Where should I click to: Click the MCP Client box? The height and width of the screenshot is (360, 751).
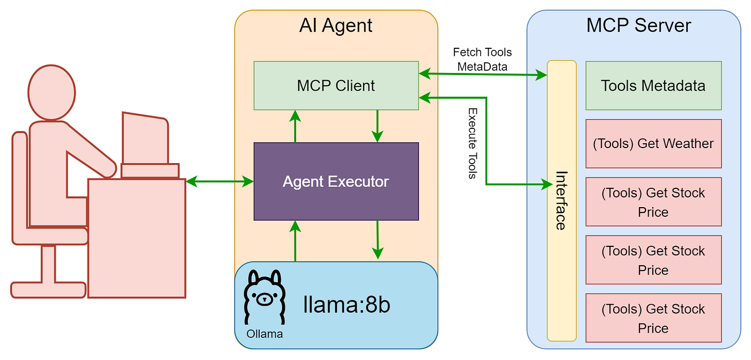tap(336, 86)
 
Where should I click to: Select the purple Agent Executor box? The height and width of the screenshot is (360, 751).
tap(336, 181)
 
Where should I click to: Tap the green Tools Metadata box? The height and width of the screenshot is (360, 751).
tap(653, 86)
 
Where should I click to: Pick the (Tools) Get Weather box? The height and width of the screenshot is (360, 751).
tap(653, 144)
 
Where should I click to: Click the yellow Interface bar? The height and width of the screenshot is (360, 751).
tap(561, 201)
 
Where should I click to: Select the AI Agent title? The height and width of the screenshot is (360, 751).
tap(336, 26)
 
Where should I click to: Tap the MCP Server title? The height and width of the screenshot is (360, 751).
tap(638, 26)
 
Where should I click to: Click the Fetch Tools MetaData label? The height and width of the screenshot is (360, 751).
tap(482, 58)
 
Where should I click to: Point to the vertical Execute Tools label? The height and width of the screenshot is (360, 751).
tap(473, 143)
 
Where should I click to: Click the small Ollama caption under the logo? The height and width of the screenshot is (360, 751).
tap(264, 334)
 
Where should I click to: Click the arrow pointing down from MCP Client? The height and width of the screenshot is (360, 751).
tap(378, 126)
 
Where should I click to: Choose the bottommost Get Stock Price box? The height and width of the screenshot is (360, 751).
tap(653, 318)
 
